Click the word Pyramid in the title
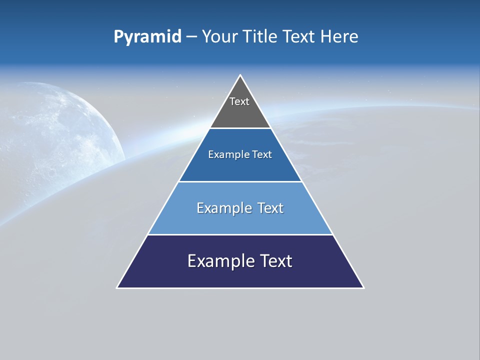[147, 37]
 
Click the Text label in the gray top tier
[239, 101]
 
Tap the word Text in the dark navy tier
[275, 261]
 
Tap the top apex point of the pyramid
[240, 75]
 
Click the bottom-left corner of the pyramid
[117, 287]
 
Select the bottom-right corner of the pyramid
[363, 287]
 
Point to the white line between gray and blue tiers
[240, 128]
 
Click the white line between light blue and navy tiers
[240, 234]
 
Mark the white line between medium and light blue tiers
[240, 181]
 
